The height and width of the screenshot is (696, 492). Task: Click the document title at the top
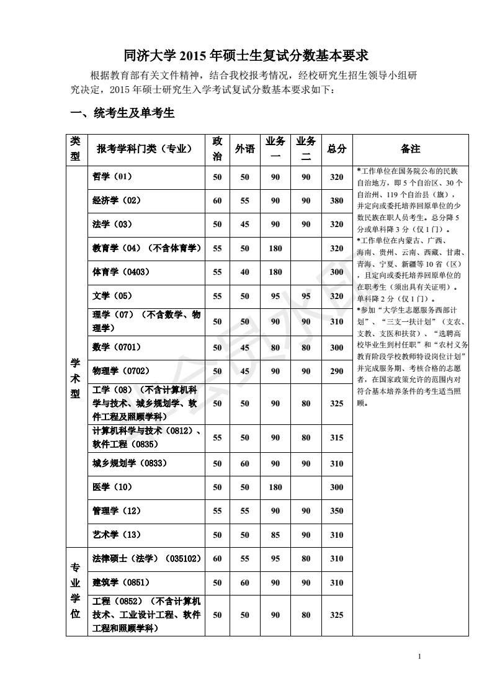[246, 56]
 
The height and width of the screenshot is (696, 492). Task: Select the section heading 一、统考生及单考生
[122, 113]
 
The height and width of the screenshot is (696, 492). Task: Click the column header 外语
[245, 149]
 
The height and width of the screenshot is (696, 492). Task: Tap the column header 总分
[336, 149]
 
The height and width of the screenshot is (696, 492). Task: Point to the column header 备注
[410, 149]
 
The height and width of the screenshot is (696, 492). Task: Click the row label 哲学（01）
[112, 177]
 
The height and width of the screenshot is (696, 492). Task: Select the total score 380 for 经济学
[336, 201]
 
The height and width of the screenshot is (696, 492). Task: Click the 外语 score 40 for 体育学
[245, 272]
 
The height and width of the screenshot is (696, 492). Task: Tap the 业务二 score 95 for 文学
[306, 297]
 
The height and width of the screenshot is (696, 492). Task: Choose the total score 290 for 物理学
[336, 372]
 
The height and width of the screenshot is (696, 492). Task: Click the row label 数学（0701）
[117, 347]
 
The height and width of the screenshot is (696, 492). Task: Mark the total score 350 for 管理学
[336, 511]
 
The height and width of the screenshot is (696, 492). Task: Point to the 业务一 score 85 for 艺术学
[275, 535]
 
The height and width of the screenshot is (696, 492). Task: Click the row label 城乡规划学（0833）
[130, 463]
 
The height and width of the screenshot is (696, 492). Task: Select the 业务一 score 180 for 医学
[275, 488]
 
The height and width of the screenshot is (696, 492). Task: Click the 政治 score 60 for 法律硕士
[217, 559]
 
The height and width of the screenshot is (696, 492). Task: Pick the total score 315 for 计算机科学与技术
[336, 438]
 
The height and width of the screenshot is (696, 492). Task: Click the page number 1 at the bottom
[420, 656]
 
